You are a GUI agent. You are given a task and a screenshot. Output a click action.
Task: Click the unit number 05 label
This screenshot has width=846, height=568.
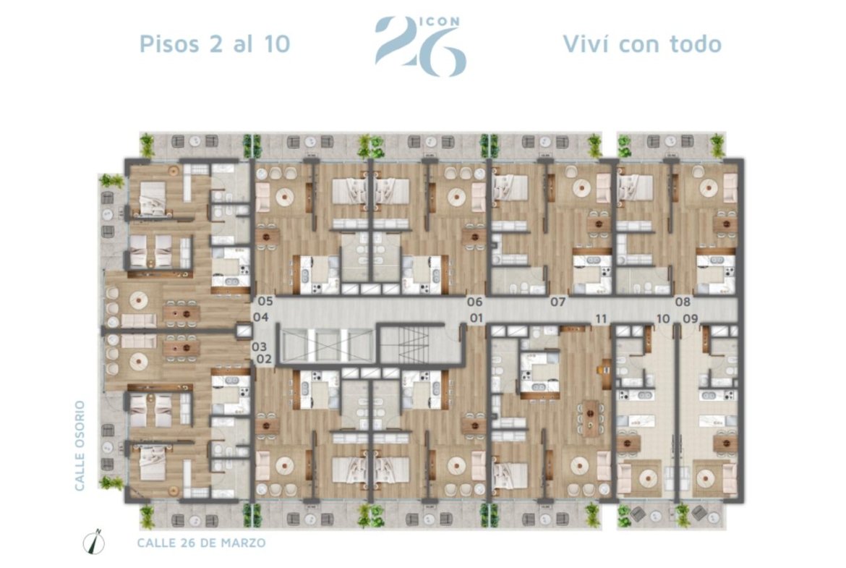(x=265, y=302)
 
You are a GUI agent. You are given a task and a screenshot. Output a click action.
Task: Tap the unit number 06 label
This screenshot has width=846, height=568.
(x=475, y=302)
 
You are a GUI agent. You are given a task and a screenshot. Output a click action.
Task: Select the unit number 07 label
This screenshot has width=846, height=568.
(x=558, y=302)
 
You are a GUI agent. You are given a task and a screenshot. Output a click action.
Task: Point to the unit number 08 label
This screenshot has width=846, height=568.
(x=683, y=302)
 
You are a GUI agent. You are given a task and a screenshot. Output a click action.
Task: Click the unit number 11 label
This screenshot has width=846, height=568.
(x=601, y=318)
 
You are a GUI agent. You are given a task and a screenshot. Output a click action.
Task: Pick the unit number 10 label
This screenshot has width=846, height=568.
(x=663, y=318)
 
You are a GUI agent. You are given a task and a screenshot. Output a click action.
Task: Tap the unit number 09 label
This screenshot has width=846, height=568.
(x=691, y=318)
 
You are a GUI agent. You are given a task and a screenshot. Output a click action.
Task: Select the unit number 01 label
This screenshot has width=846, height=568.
(x=476, y=318)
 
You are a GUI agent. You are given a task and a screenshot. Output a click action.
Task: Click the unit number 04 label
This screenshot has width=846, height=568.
(x=260, y=317)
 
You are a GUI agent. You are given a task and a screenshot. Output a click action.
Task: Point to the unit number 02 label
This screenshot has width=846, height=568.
(x=264, y=359)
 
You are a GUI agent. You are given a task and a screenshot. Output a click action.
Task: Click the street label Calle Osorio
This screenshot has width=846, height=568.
(x=80, y=446)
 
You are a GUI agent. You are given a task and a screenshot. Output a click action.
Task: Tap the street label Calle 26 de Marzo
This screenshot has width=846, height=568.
(x=201, y=543)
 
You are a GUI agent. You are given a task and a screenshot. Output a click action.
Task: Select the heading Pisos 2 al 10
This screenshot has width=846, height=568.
(x=215, y=43)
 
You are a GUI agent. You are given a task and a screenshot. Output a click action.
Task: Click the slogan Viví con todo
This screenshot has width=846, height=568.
(x=642, y=43)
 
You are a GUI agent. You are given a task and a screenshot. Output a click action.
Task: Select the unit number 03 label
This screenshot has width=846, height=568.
(x=260, y=347)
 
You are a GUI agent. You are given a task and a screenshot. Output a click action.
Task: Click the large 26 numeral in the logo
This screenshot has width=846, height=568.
(x=421, y=48)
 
